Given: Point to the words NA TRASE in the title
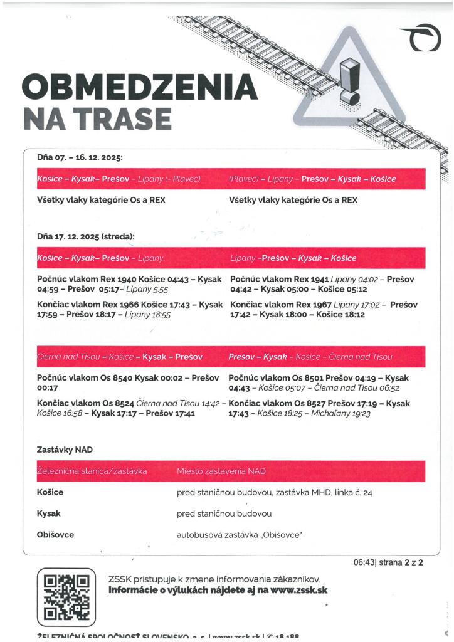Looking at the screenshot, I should pos(97,118).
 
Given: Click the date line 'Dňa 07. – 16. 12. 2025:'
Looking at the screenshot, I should pos(79,157).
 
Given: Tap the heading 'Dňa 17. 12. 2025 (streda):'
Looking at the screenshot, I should pos(86,236).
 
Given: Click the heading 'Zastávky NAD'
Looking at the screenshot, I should pos(65,450).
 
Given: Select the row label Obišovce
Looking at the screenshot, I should pos(55,535).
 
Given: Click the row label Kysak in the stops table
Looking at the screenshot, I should pos(49,513).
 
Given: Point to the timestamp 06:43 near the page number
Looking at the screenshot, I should pos(363,562).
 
